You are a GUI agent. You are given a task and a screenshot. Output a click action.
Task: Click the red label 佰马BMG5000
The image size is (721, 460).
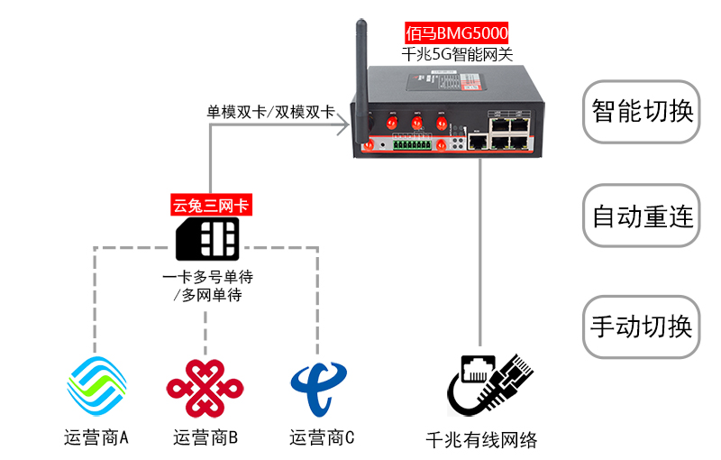click(x=456, y=33)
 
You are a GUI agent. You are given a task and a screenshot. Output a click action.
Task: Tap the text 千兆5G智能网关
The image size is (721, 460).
click(x=456, y=54)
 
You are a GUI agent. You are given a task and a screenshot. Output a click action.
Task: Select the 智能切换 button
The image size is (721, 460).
click(x=642, y=112)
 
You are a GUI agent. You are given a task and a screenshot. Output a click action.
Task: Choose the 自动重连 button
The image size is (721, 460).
click(x=642, y=216)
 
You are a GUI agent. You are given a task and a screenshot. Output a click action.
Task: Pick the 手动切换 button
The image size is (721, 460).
click(x=642, y=326)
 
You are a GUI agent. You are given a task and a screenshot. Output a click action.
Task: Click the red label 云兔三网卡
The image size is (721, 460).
click(x=211, y=206)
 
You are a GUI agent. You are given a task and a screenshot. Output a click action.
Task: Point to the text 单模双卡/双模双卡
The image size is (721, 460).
click(x=270, y=113)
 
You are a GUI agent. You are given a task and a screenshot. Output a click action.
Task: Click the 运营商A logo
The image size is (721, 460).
click(x=96, y=387)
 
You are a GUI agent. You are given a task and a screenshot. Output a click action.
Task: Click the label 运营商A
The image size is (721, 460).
click(x=96, y=438)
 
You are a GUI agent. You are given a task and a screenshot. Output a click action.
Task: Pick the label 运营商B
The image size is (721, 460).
click(x=205, y=438)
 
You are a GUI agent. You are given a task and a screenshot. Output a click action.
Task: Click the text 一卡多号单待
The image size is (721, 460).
click(x=206, y=277)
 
